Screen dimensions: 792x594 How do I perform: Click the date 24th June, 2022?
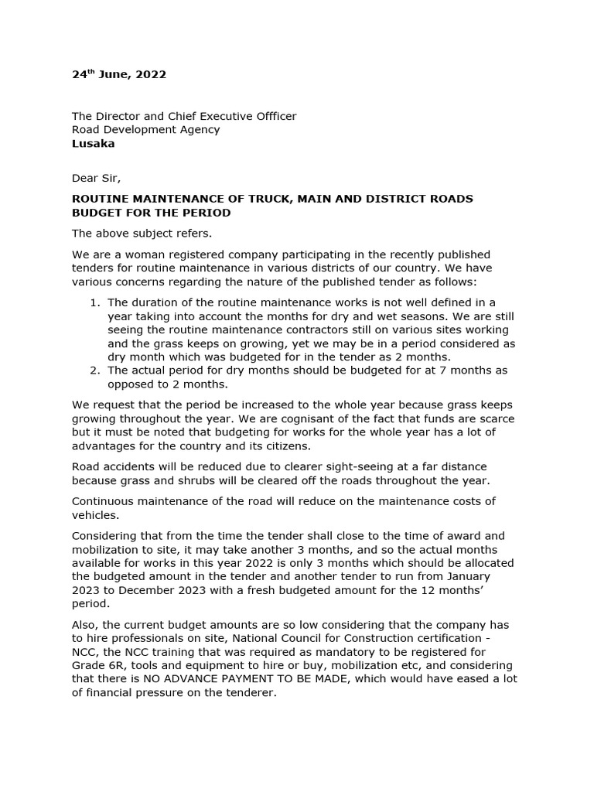tap(119, 75)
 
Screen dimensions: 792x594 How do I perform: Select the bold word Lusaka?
tap(93, 144)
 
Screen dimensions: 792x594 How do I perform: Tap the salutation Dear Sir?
tap(97, 179)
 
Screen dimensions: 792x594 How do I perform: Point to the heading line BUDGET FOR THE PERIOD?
tap(152, 213)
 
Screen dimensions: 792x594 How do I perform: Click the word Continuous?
tap(103, 500)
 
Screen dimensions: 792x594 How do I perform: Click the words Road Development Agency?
tap(145, 130)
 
